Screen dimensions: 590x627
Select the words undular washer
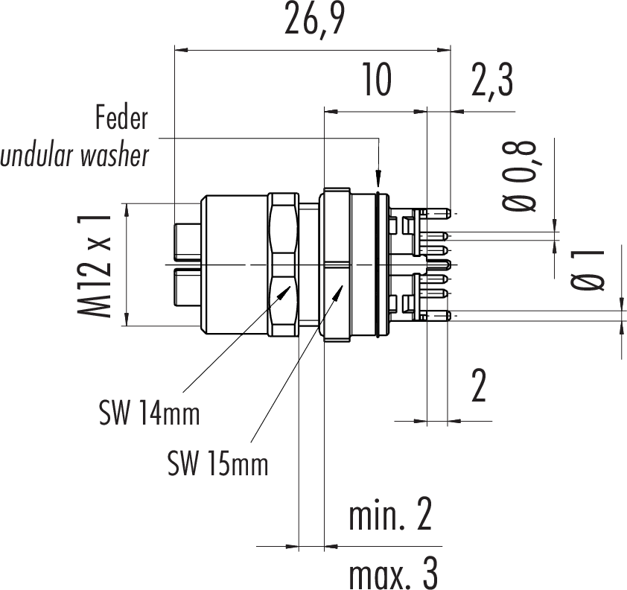(75, 157)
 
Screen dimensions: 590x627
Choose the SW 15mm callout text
(217, 465)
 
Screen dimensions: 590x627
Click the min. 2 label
(391, 516)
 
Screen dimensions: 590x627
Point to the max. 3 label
(392, 574)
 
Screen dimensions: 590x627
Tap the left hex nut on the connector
(284, 265)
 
